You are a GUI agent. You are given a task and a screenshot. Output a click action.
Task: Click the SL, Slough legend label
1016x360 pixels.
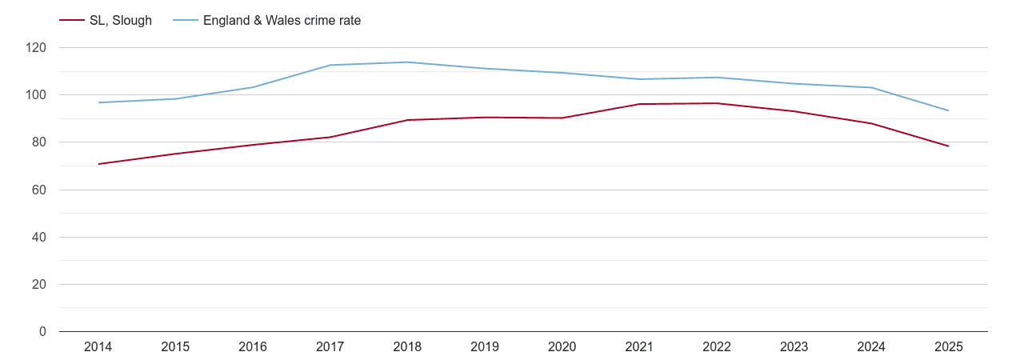[x=120, y=21]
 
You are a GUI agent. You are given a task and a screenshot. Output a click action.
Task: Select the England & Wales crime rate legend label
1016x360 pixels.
[x=282, y=21]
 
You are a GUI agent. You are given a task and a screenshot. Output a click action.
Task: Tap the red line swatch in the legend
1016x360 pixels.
[x=72, y=21]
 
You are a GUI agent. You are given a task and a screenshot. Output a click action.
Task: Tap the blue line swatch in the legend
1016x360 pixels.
[x=186, y=21]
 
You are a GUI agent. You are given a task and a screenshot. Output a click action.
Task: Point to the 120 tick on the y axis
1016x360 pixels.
[x=36, y=48]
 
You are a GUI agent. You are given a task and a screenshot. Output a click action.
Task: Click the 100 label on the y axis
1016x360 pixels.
[x=36, y=95]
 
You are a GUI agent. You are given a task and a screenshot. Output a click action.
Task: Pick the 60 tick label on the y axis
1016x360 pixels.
[x=39, y=190]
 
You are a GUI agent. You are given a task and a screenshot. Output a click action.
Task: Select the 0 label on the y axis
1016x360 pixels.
[x=42, y=332]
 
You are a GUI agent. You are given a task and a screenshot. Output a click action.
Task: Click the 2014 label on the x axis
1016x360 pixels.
[x=98, y=347]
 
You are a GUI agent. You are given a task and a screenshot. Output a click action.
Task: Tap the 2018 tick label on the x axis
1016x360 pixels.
[x=407, y=347]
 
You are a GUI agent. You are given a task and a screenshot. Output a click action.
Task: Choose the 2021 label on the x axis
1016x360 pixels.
[x=639, y=347]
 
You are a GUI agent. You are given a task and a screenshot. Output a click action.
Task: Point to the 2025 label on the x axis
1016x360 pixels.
[x=948, y=347]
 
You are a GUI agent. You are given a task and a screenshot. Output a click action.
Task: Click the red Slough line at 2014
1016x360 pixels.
[x=98, y=164]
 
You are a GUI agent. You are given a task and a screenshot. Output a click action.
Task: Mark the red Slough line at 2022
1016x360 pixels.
[x=717, y=103]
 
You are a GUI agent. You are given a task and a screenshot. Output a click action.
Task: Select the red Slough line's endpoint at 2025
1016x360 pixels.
[x=948, y=146]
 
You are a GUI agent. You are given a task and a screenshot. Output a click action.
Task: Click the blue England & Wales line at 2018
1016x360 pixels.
[x=407, y=62]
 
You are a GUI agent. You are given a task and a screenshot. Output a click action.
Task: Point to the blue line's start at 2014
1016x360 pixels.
[x=98, y=102]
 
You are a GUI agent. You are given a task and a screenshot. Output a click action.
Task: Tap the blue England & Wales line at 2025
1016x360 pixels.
[x=948, y=110]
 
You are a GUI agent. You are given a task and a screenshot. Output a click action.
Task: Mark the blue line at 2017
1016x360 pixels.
[x=330, y=65]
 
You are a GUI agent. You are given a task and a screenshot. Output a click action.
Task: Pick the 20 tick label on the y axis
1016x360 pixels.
[x=39, y=285]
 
